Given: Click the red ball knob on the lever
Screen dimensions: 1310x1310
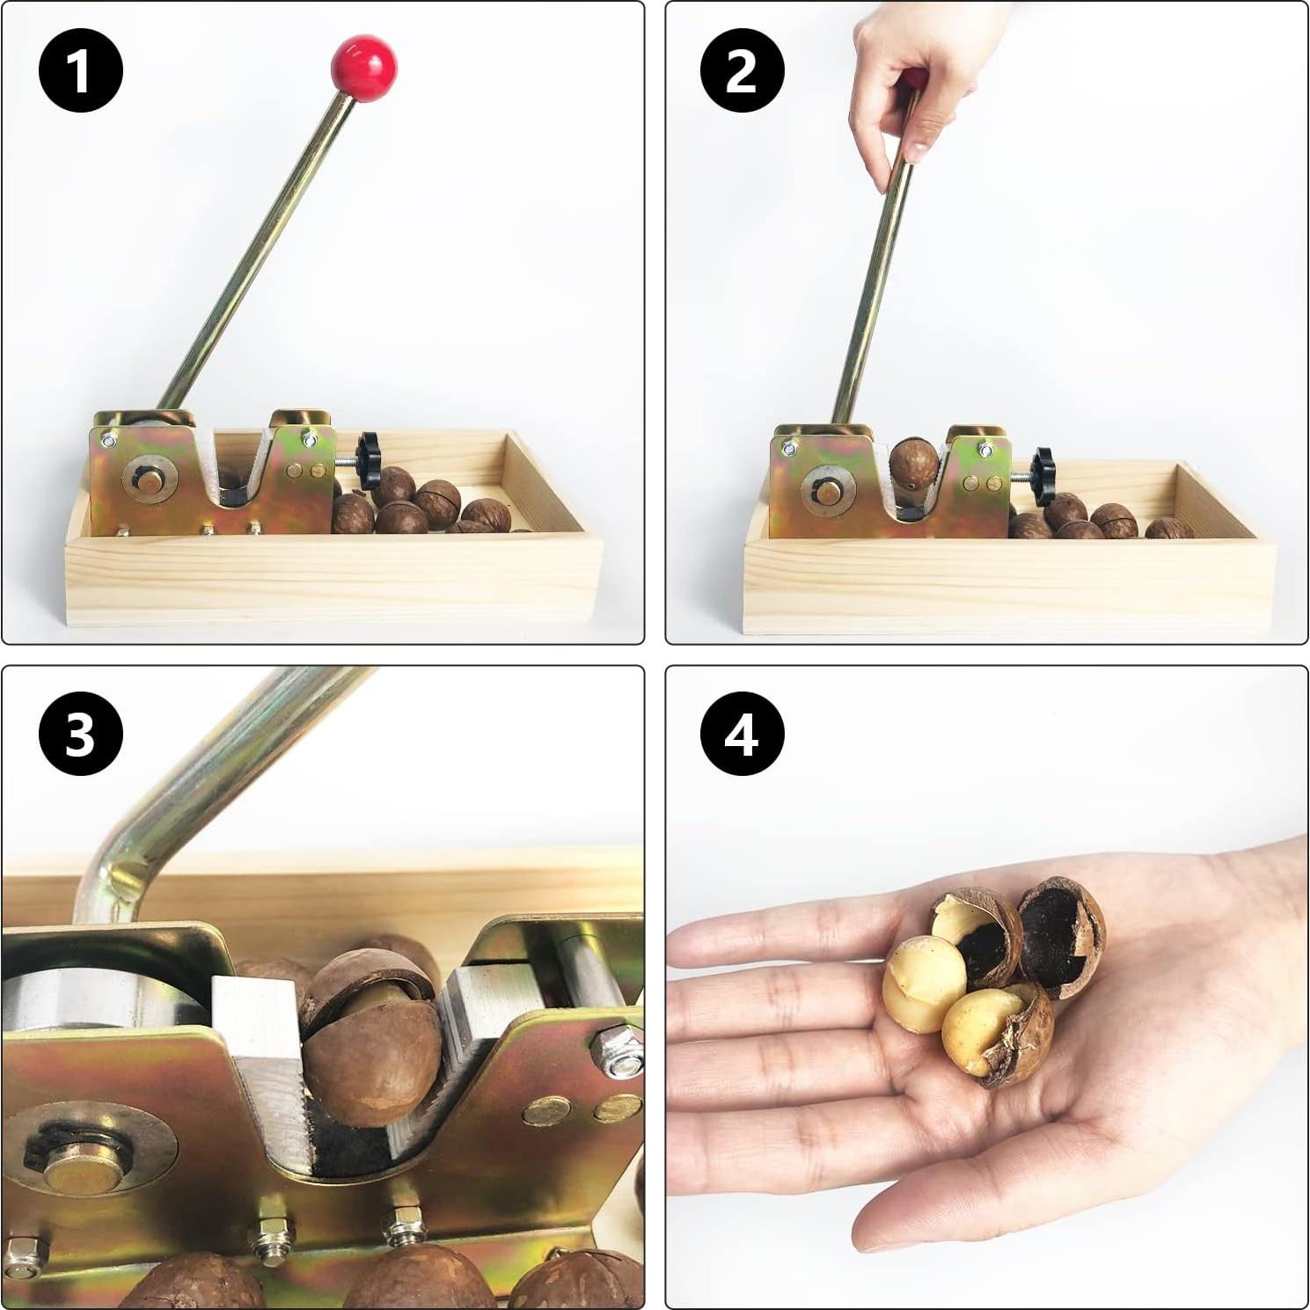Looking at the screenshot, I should [x=363, y=67].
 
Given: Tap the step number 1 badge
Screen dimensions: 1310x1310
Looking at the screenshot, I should [x=80, y=70].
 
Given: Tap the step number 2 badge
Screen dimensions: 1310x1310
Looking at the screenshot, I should [x=742, y=70].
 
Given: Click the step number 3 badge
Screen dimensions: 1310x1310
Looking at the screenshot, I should [x=80, y=733].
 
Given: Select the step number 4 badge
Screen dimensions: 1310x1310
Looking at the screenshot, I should [x=742, y=733].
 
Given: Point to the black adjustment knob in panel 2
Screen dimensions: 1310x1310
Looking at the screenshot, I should [x=1043, y=476].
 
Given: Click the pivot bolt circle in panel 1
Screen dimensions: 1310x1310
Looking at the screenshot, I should [x=150, y=480].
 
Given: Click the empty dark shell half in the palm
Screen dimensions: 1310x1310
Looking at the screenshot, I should [x=1063, y=938].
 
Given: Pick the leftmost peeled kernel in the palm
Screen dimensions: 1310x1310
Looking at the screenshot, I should [x=924, y=983].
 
